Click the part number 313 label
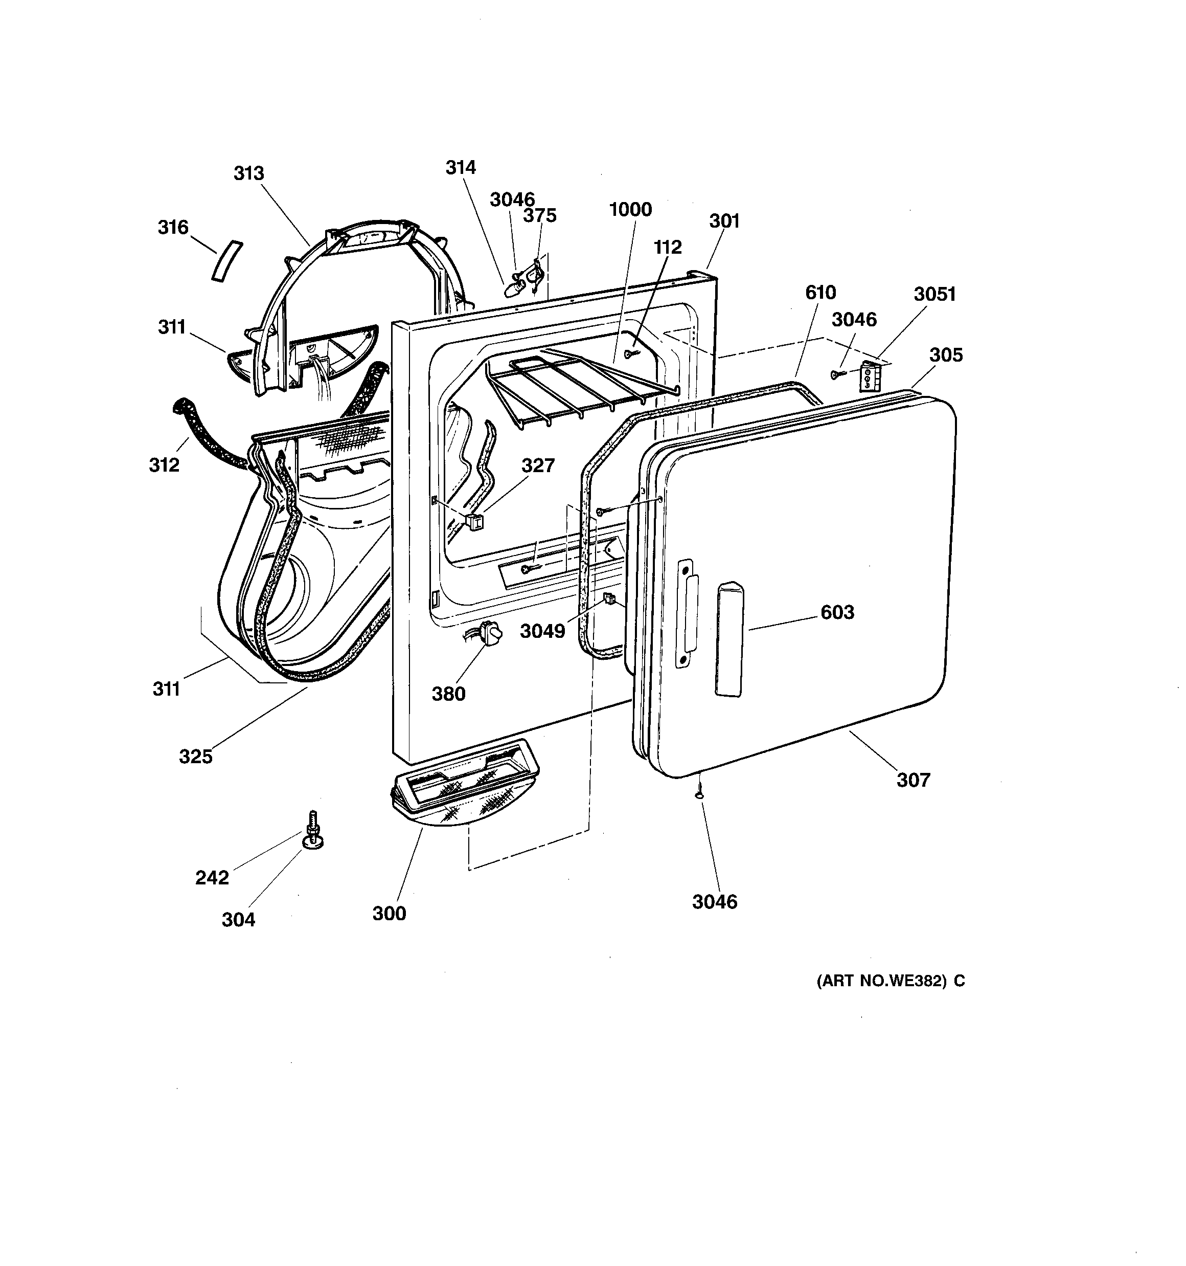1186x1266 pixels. tap(248, 173)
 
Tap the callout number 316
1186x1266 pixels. tap(173, 227)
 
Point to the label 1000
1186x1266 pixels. tap(630, 210)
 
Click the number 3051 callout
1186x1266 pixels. tap(934, 294)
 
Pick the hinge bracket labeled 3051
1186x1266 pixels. tap(869, 376)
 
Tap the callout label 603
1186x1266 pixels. tap(837, 613)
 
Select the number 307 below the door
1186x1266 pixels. tap(913, 780)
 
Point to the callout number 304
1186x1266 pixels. tap(238, 920)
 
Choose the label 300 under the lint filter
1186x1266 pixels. tap(389, 914)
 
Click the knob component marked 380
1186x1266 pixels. tap(491, 633)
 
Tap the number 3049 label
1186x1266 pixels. tap(542, 631)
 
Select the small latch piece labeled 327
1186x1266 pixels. tap(474, 522)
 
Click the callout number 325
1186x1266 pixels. tap(195, 757)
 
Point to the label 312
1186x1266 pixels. tap(164, 465)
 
